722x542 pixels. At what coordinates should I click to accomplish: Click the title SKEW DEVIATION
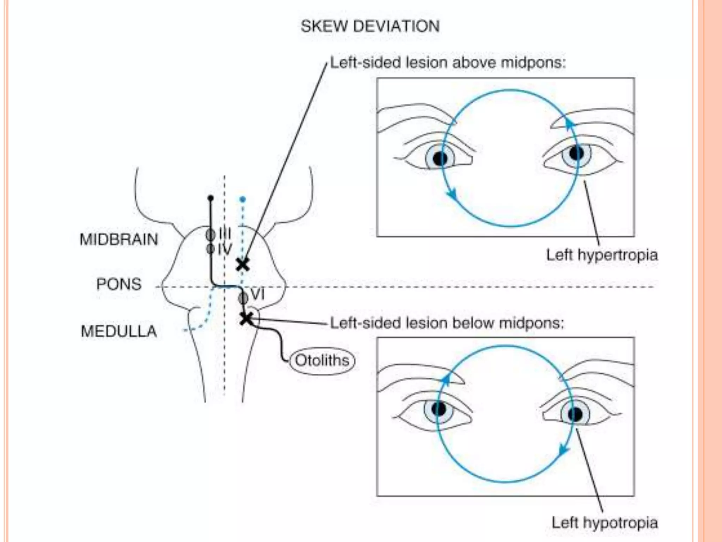click(370, 26)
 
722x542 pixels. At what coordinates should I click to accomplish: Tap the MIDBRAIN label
click(119, 239)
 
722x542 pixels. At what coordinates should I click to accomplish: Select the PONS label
click(119, 284)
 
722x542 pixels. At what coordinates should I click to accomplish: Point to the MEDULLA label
click(119, 331)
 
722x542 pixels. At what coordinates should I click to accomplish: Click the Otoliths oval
click(322, 360)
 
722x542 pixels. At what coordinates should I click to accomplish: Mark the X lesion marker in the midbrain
click(243, 264)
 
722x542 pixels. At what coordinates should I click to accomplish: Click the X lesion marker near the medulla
click(246, 318)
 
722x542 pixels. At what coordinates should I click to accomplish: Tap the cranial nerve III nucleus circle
click(210, 234)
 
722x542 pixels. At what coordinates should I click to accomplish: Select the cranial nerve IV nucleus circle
click(210, 249)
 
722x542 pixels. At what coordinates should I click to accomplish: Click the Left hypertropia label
click(602, 255)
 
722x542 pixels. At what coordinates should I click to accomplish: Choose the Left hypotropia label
click(605, 523)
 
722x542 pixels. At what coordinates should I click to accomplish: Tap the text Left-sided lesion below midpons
click(447, 323)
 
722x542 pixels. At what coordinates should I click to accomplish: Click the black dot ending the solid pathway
click(211, 198)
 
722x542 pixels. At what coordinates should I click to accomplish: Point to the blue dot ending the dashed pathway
click(242, 200)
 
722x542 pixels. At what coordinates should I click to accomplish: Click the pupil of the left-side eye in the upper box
click(440, 158)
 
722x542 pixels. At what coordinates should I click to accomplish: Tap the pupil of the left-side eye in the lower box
click(439, 409)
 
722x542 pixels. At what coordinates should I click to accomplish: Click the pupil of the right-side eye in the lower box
click(575, 414)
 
